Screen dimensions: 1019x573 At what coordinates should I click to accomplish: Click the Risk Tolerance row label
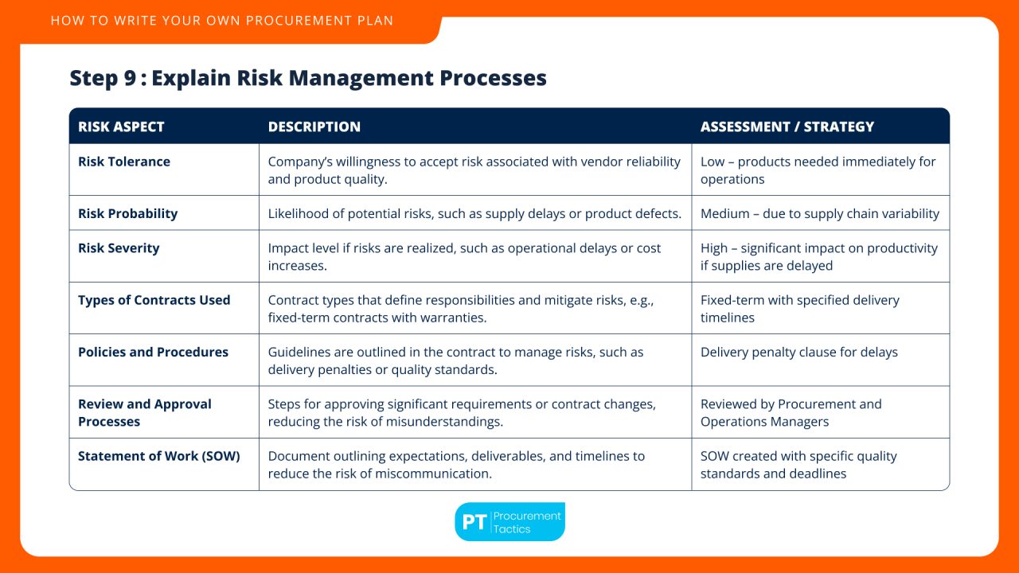click(124, 162)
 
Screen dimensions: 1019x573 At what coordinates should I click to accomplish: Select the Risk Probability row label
click(128, 214)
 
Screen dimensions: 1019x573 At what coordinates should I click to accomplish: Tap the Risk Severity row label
click(119, 248)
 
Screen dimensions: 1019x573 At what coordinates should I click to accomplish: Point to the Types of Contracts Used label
click(154, 300)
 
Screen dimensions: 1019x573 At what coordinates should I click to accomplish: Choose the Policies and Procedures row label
click(154, 352)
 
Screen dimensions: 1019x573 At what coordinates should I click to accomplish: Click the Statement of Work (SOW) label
click(159, 456)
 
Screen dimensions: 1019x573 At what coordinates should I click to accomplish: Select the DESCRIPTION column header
click(314, 127)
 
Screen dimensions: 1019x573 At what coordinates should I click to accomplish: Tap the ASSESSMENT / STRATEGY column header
click(787, 127)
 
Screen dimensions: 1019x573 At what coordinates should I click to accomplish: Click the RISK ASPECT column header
click(121, 127)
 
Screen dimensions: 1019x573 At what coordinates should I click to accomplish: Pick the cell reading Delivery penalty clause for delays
click(799, 352)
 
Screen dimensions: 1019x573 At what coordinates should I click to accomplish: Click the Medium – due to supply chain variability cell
click(820, 214)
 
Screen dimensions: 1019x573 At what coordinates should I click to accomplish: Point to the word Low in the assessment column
click(713, 162)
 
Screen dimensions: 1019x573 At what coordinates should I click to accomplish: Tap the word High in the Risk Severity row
click(714, 248)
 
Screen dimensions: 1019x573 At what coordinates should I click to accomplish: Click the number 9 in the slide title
click(130, 78)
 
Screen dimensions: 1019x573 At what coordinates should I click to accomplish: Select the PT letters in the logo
click(474, 522)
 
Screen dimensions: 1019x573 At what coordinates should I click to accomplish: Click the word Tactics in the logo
click(512, 529)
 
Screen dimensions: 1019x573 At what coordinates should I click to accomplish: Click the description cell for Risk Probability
click(474, 214)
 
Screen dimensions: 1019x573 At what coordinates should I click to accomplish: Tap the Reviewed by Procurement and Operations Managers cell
click(791, 413)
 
